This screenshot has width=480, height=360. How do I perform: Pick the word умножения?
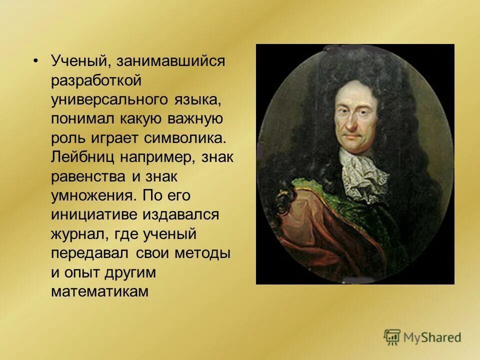click(x=92, y=195)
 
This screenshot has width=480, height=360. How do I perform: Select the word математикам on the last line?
click(x=100, y=291)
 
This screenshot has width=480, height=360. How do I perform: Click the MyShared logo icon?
click(x=392, y=337)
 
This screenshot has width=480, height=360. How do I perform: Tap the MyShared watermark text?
click(x=433, y=338)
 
